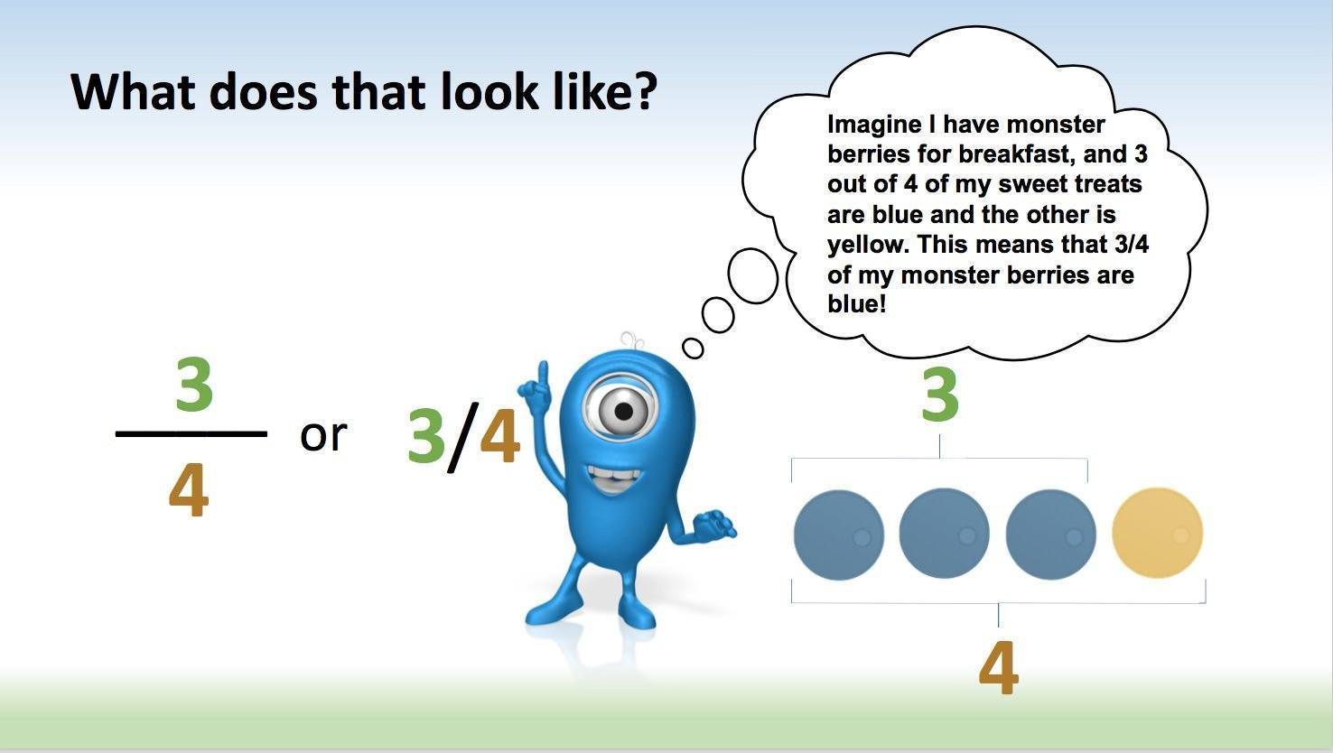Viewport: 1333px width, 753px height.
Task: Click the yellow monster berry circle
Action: [1157, 533]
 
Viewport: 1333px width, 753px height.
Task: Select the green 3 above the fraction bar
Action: [194, 386]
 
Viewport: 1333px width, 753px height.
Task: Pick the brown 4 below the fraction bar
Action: [189, 493]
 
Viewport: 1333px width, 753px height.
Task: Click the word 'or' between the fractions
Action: [322, 435]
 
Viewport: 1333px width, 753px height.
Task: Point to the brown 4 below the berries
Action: [998, 669]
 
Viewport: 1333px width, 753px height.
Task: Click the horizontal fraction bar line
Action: [191, 434]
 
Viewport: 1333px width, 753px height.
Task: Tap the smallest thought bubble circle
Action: [693, 347]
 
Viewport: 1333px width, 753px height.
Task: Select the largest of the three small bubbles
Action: [752, 274]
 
